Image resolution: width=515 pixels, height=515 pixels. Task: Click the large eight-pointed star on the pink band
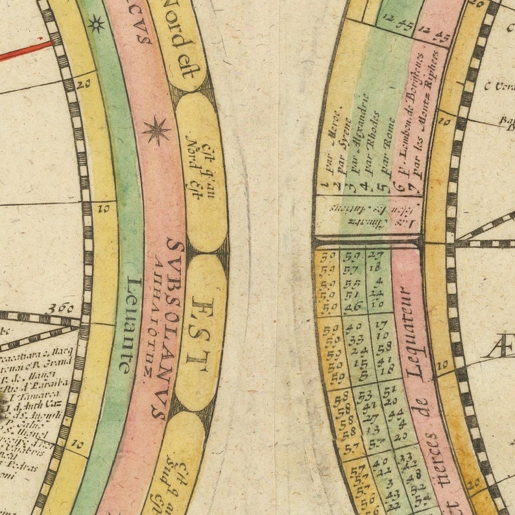tap(157, 131)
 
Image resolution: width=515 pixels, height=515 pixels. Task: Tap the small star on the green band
tap(96, 25)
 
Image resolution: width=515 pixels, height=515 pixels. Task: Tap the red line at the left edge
tap(26, 51)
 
